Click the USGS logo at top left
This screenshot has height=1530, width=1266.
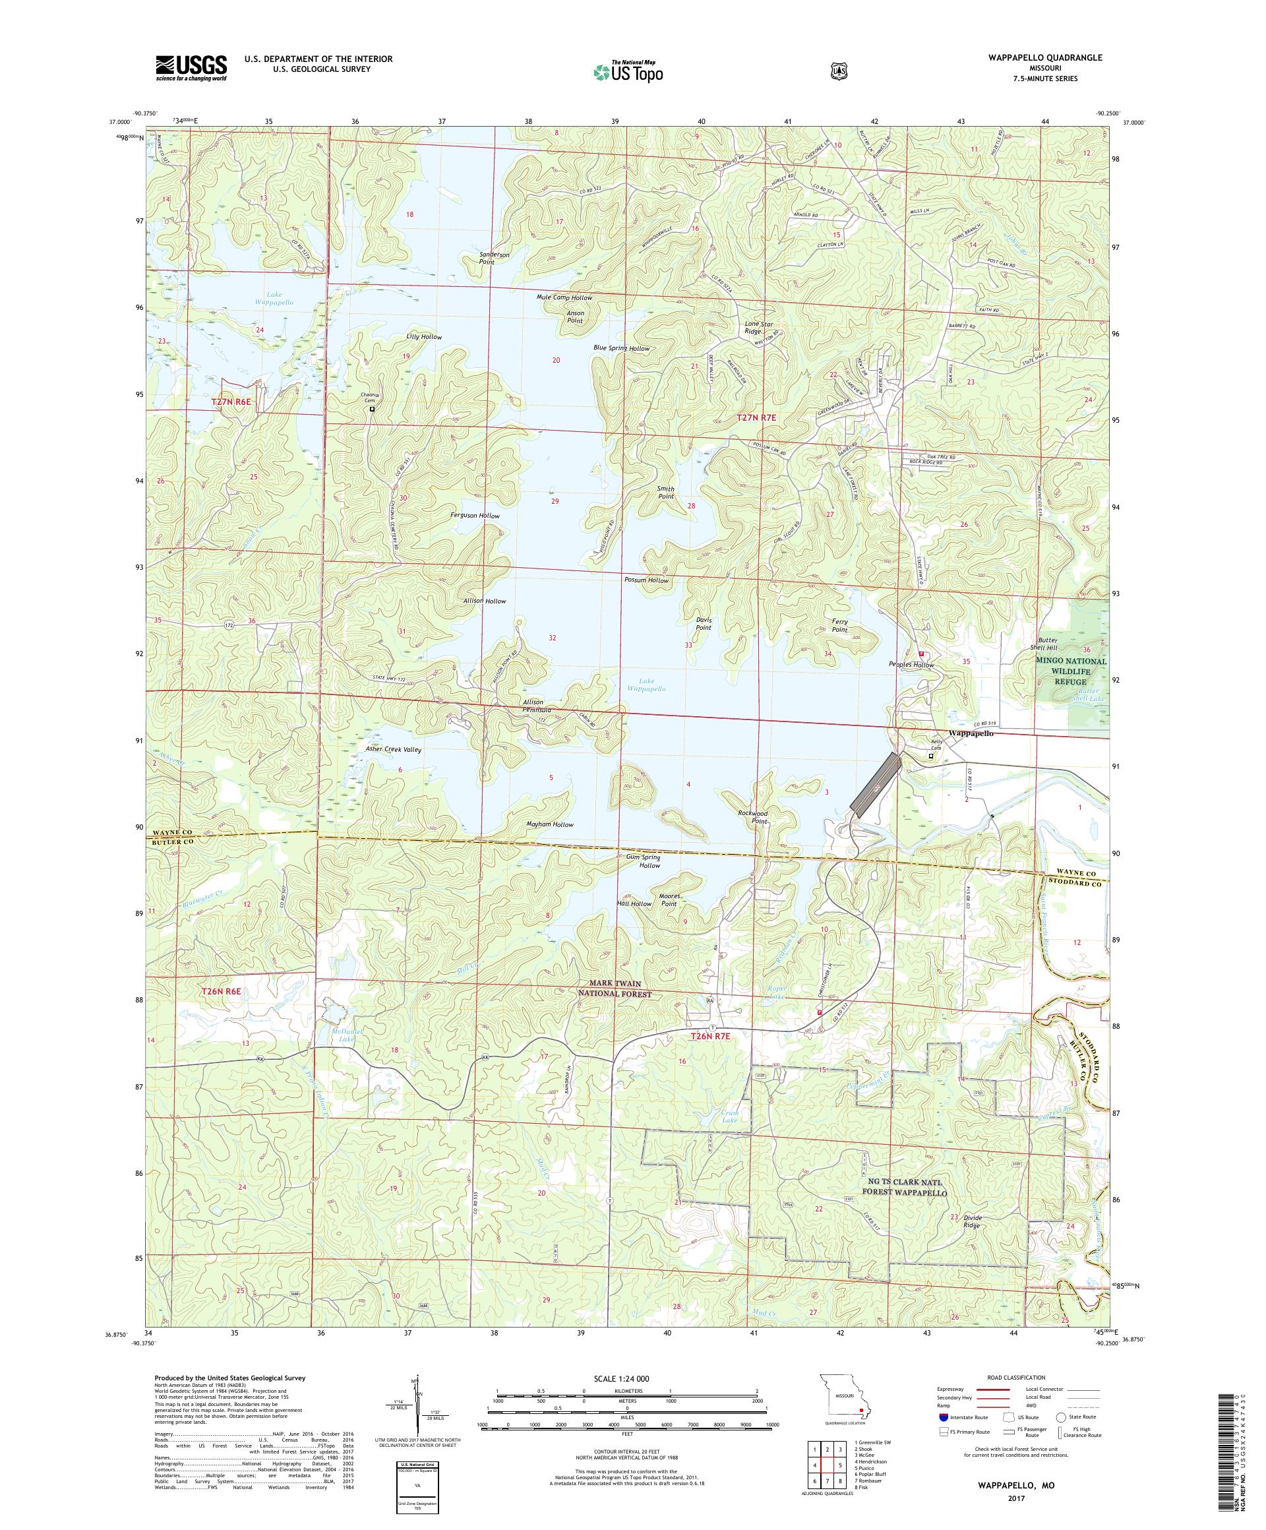click(191, 69)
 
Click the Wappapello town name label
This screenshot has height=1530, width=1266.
click(969, 733)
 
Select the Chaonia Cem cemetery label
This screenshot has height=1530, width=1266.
click(371, 398)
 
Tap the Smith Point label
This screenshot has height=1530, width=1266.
click(665, 493)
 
